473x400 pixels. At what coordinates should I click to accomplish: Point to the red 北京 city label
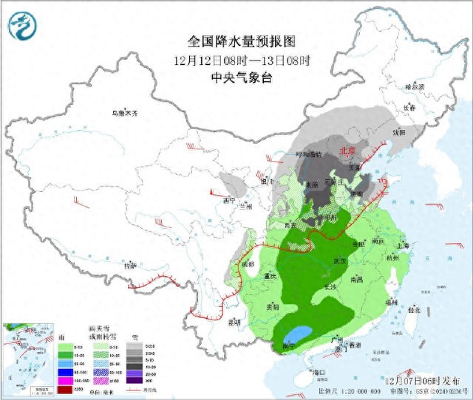[347, 151]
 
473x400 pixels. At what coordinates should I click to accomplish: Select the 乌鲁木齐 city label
[125, 113]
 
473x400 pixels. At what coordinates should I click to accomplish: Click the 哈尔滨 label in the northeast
[415, 86]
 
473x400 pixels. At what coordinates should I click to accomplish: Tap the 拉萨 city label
[130, 266]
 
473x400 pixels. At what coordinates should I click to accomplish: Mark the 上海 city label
[403, 246]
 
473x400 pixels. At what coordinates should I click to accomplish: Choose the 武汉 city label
[340, 261]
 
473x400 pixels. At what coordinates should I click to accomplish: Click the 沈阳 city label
[400, 133]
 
